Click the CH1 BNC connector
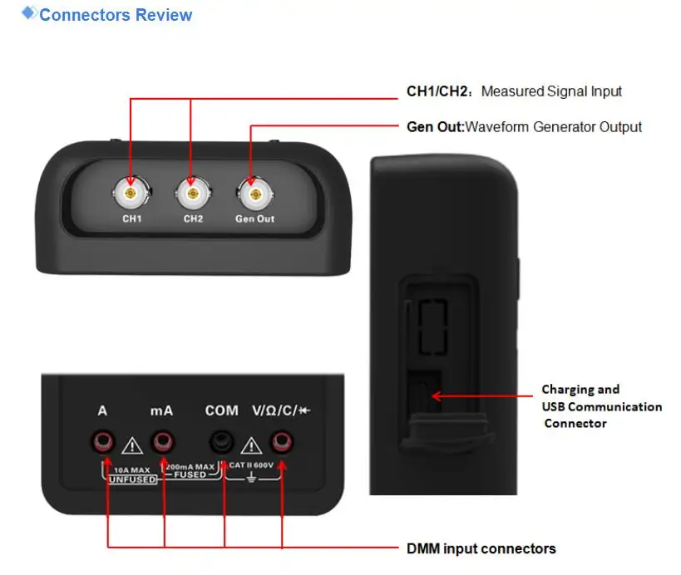131,194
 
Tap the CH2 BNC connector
192,194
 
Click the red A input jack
105,440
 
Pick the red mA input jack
162,440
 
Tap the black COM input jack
222,440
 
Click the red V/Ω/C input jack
283,440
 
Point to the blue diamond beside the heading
29,12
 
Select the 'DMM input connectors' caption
481,548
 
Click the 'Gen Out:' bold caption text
434,127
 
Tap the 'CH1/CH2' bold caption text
440,91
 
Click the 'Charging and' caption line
580,389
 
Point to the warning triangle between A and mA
131,446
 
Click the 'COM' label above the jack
221,410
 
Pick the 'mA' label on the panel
161,410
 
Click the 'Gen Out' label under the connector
254,219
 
